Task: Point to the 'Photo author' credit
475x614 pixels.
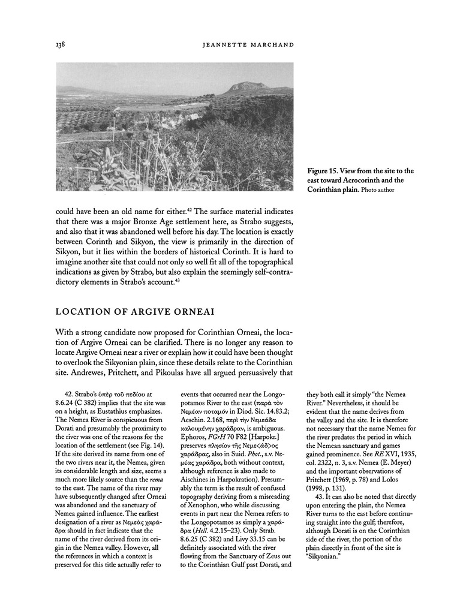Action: (378, 191)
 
